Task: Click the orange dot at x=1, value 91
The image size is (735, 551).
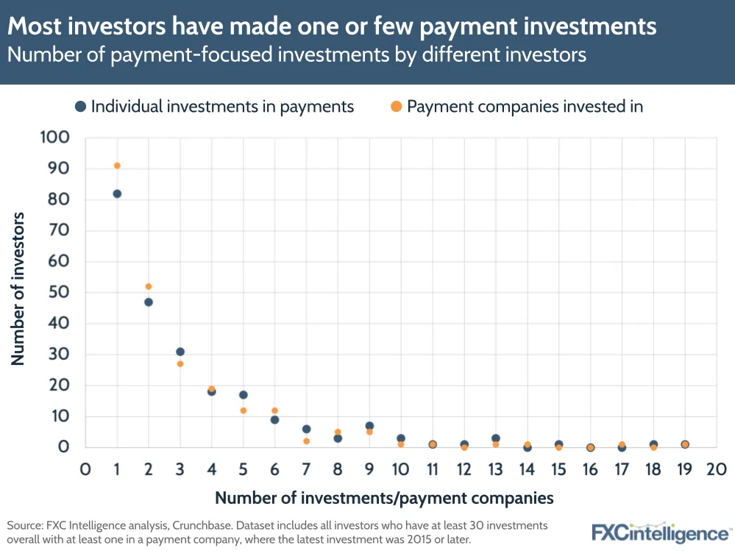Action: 117,166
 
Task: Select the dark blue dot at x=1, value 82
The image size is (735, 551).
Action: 117,193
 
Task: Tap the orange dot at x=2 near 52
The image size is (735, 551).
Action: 149,286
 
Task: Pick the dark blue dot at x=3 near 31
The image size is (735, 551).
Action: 180,352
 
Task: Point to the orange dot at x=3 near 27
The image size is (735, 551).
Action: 180,363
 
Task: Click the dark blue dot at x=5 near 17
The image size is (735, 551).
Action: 244,395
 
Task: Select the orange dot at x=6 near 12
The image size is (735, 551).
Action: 274,410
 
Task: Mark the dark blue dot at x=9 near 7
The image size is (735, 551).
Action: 369,426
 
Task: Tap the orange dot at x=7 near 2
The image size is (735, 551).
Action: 306,441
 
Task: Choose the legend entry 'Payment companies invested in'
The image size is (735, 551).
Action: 525,107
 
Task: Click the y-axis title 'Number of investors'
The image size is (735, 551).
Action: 18,288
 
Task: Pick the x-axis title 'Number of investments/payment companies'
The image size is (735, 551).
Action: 384,498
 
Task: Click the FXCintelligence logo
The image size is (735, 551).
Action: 661,533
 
